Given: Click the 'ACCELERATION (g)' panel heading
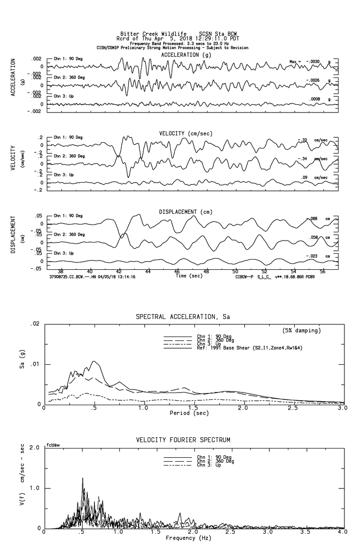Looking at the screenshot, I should pyautogui.click(x=187, y=55).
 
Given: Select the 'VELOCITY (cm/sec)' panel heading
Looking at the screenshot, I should pyautogui.click(x=186, y=133).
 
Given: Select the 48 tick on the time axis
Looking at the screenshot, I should pyautogui.click(x=206, y=271).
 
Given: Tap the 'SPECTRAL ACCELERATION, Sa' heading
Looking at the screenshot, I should pyautogui.click(x=183, y=317).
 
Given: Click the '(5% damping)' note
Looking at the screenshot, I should pyautogui.click(x=302, y=331).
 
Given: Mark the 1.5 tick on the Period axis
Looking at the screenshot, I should pyautogui.click(x=193, y=408).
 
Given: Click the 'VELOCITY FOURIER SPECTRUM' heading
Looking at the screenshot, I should pyautogui.click(x=183, y=440).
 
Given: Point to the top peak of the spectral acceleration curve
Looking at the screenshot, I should pyautogui.click(x=94, y=361).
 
